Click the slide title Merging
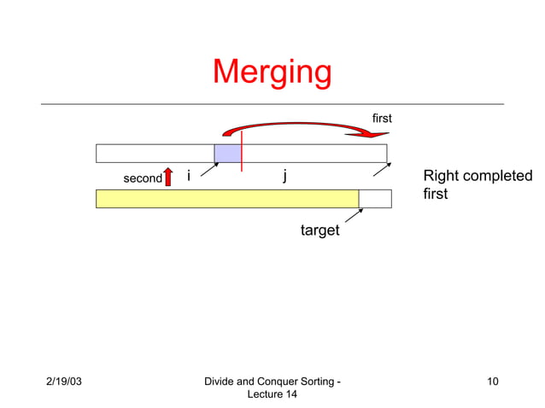272,73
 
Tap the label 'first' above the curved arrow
382,119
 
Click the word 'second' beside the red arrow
142,179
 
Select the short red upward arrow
169,176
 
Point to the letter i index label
189,176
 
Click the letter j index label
284,176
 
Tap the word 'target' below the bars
319,230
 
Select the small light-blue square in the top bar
227,154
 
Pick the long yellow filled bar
226,199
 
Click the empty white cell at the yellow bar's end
375,199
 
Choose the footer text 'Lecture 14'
272,394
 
